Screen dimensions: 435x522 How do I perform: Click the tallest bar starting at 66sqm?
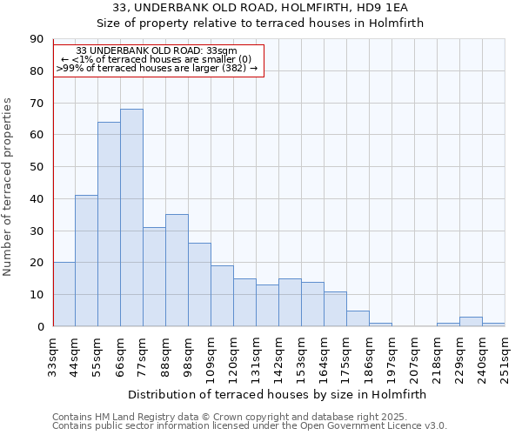click(131, 217)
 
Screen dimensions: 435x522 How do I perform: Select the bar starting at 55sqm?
click(109, 224)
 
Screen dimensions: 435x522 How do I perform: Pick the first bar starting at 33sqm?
click(64, 294)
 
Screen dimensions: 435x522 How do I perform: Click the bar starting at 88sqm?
click(177, 271)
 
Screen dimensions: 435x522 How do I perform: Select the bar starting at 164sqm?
click(335, 309)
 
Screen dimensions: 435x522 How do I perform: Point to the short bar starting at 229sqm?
click(471, 322)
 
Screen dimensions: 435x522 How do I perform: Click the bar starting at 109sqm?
click(222, 296)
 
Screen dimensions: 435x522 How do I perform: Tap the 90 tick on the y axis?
click(37, 39)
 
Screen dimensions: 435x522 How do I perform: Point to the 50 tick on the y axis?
click(37, 167)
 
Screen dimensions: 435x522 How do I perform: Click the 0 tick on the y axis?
click(40, 327)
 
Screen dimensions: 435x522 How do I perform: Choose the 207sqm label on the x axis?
click(414, 356)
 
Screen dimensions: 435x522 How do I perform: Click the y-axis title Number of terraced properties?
click(9, 187)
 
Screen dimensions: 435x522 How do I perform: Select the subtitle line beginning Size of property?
click(260, 23)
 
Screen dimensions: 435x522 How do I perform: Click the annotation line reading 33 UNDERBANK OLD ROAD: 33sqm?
click(157, 51)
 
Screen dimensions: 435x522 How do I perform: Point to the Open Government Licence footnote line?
click(250, 426)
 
